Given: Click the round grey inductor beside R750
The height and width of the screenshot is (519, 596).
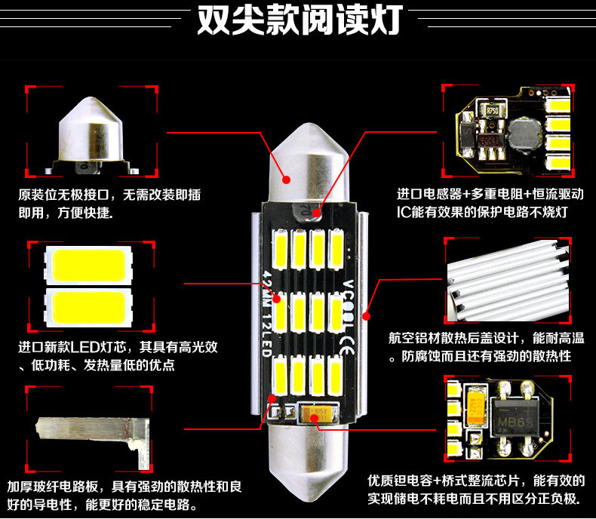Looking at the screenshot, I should coord(521,132).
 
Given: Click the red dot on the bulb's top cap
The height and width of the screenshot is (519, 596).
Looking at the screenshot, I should coord(287,180).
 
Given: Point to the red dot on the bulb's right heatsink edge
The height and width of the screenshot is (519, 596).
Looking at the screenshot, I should coord(367,315).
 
